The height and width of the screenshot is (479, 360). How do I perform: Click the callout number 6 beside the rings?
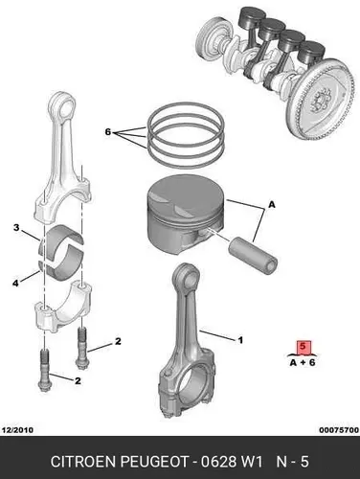[x=108, y=131]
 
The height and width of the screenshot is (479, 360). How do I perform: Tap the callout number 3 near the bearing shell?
[x=16, y=228]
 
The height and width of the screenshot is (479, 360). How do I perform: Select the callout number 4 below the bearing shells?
[x=15, y=283]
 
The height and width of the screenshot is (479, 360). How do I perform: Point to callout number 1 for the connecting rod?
[x=240, y=340]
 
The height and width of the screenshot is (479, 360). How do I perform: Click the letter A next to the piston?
[x=272, y=204]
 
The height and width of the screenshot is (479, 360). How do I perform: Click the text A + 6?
[x=303, y=362]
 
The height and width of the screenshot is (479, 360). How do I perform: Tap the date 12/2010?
[x=17, y=430]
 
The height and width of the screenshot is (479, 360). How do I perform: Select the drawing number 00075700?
[x=339, y=430]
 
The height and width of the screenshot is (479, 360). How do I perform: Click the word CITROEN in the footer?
[x=83, y=462]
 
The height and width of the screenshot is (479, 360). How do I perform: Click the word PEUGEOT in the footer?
[x=154, y=462]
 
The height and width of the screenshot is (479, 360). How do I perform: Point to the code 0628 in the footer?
[x=218, y=462]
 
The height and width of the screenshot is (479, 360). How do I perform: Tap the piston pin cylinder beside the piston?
[x=253, y=256]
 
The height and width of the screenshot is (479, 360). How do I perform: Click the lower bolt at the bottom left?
[x=44, y=371]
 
